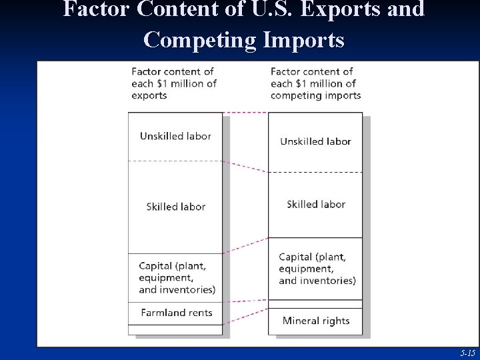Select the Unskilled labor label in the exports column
[175, 136]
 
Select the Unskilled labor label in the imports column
[315, 141]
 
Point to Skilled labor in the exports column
[175, 207]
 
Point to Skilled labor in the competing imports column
[316, 204]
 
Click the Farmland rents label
[177, 312]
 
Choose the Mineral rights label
[316, 321]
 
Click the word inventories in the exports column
[188, 289]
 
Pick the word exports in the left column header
[149, 95]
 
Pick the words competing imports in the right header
[315, 95]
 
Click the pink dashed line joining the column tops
[245, 113]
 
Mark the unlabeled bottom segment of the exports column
[175, 329]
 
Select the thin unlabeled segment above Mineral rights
[315, 304]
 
